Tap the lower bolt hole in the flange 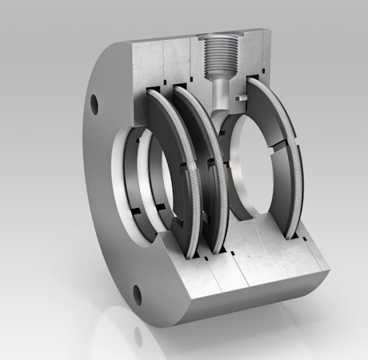click(x=137, y=294)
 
